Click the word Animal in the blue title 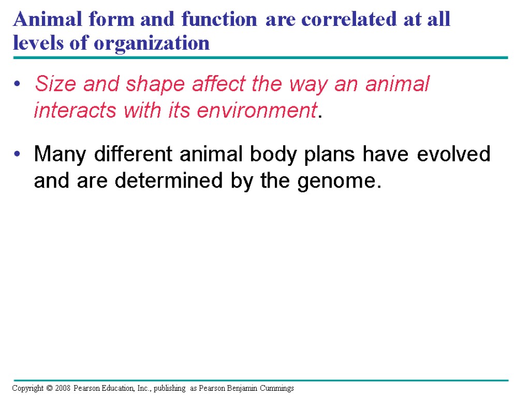point(48,19)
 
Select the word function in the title point(219,19)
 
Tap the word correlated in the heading point(349,19)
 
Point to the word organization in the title point(152,44)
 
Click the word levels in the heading point(38,43)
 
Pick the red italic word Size point(55,83)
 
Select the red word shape point(155,84)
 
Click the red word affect point(219,83)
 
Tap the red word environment point(257,110)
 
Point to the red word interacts point(75,110)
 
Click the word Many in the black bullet point(60,155)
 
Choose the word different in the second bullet point(133,154)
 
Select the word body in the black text point(273,155)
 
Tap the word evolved point(453,154)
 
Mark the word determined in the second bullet point(169,180)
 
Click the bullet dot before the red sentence point(17,83)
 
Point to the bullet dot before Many point(17,154)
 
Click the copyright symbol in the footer point(49,388)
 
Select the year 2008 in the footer point(63,388)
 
